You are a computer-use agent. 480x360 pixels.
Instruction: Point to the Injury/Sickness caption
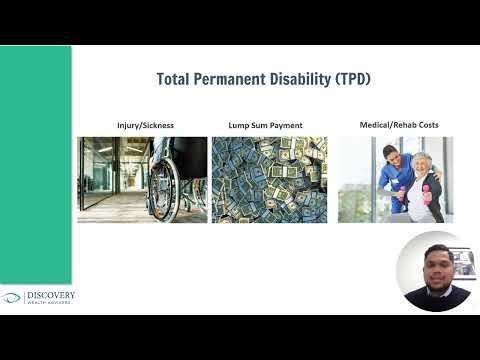click(145, 126)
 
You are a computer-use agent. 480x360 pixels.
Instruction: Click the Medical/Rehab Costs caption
click(399, 125)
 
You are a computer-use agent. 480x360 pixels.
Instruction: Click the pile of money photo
click(269, 180)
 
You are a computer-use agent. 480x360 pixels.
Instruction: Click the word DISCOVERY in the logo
click(50, 295)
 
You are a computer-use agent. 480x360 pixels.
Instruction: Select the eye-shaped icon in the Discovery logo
click(11, 298)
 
